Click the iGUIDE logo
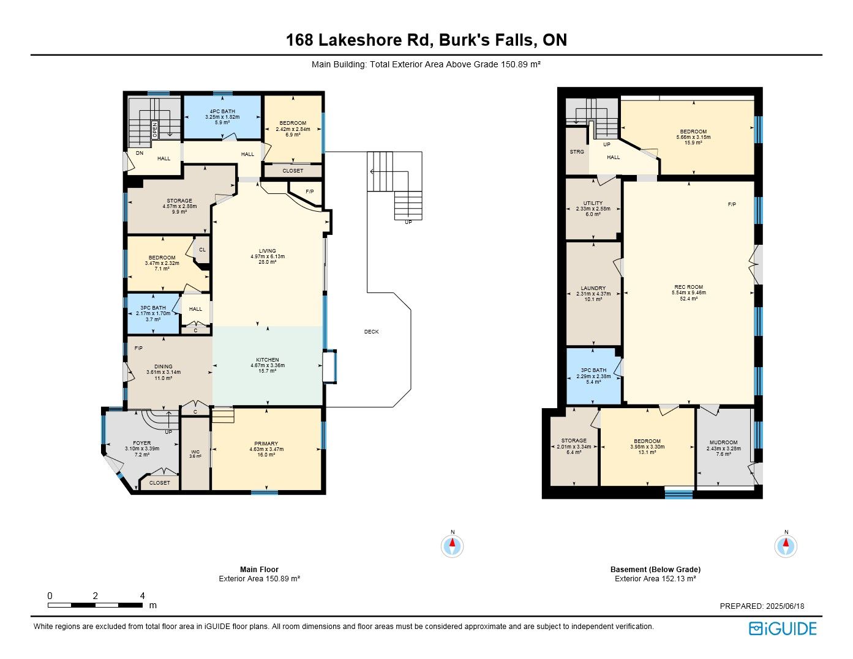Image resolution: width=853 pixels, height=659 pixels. (783, 629)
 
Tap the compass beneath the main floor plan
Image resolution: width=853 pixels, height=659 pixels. (452, 546)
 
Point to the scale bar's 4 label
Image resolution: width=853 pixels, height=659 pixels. (143, 596)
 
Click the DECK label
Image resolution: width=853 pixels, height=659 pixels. (371, 332)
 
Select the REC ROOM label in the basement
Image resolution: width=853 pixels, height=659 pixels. (688, 287)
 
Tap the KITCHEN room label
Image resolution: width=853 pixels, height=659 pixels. (268, 360)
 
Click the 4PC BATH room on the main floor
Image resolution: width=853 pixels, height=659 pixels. (222, 117)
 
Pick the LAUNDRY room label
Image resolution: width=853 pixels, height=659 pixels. (593, 288)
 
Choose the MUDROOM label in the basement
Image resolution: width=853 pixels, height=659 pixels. (723, 442)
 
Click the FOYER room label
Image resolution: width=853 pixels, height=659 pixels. (141, 443)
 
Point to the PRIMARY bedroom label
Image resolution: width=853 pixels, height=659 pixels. (266, 444)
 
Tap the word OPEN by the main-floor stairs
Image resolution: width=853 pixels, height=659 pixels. (155, 130)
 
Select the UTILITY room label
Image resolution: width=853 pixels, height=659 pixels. (593, 203)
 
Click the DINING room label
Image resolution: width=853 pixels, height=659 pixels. (163, 367)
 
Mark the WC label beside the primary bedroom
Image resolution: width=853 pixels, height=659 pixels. (195, 452)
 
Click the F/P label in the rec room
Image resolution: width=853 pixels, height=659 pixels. (732, 204)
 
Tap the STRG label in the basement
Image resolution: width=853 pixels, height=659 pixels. (577, 152)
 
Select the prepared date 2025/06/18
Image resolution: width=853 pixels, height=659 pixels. (784, 606)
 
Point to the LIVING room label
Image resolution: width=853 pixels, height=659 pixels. (268, 251)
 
